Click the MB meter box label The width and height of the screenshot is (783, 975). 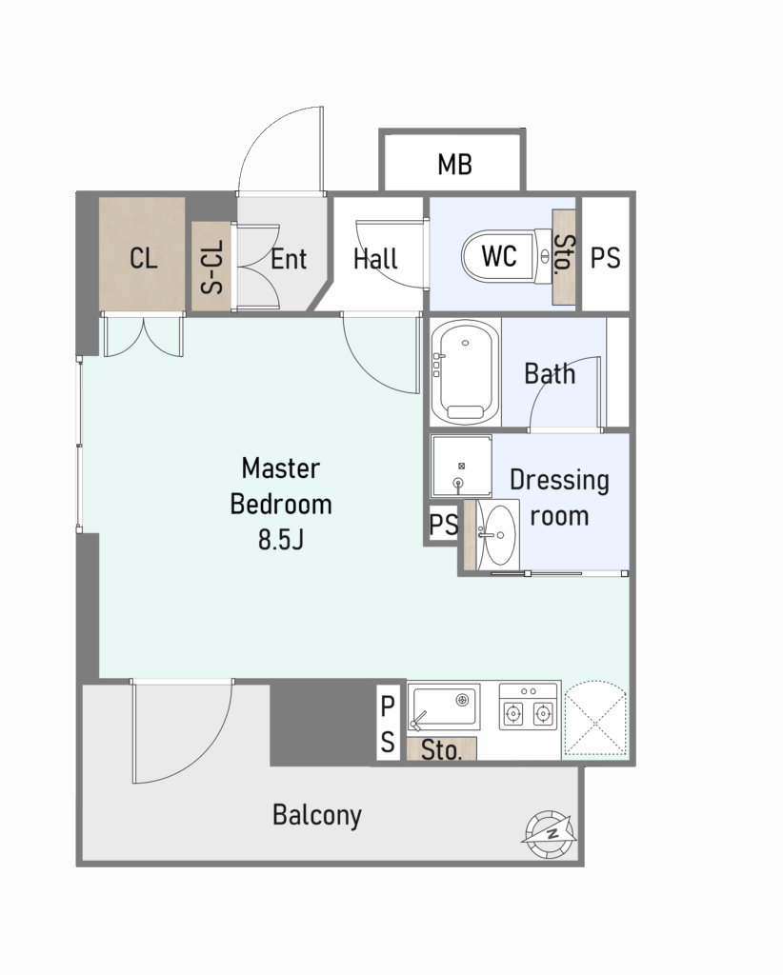point(454,165)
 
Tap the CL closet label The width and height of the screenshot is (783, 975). point(143,258)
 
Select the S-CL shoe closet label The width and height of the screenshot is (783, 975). point(212,267)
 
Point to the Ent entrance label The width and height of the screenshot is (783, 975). point(289,259)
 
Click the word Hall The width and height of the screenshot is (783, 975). point(375,259)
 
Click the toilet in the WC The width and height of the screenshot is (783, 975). point(506,256)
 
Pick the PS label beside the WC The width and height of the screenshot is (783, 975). point(605,257)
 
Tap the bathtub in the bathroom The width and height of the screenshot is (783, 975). point(465,372)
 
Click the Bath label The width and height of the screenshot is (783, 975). point(550,373)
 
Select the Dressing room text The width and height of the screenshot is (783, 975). point(559,498)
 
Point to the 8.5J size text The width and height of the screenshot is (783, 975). point(281,540)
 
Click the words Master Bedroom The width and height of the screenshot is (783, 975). point(281,487)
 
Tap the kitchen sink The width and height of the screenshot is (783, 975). point(444,707)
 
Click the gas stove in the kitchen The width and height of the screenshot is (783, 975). point(529,706)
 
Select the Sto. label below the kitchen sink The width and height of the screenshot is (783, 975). point(441,750)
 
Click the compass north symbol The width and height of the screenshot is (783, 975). point(550,834)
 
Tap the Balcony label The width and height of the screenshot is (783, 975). point(317,815)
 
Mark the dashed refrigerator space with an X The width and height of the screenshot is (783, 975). point(595,720)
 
